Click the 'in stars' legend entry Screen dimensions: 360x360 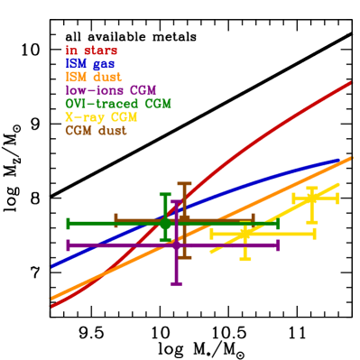[x=91, y=51]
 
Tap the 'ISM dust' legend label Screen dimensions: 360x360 [x=94, y=78]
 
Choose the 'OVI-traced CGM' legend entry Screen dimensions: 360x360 [x=117, y=104]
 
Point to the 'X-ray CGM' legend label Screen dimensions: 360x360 [x=101, y=117]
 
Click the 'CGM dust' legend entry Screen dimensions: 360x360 [x=96, y=131]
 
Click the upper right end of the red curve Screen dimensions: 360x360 [x=350, y=82]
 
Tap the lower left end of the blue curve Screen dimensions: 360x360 [x=52, y=266]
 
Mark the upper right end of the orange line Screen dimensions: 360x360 [x=350, y=158]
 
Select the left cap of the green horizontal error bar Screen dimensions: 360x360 [x=68, y=223]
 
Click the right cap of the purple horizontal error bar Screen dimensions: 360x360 [x=277, y=245]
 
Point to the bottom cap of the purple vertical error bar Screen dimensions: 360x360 [x=176, y=283]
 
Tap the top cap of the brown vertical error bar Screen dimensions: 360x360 [x=184, y=184]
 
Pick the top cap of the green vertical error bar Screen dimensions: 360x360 [x=164, y=194]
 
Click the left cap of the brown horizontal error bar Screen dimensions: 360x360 [x=115, y=219]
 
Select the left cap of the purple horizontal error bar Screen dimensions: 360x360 [x=68, y=245]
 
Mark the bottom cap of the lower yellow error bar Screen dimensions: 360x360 [x=245, y=259]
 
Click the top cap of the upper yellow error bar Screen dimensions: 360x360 [x=312, y=188]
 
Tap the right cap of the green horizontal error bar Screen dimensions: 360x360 [x=277, y=223]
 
